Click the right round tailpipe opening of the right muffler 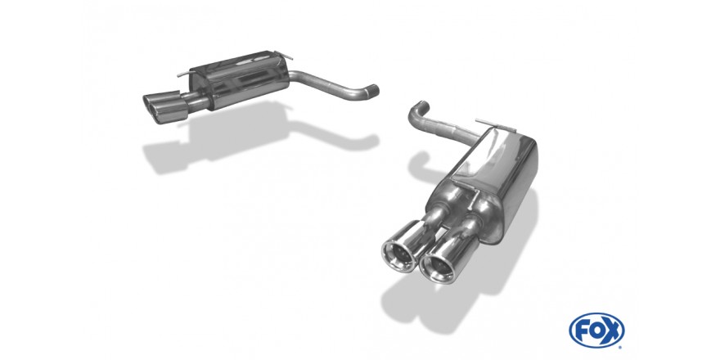click(x=440, y=264)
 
